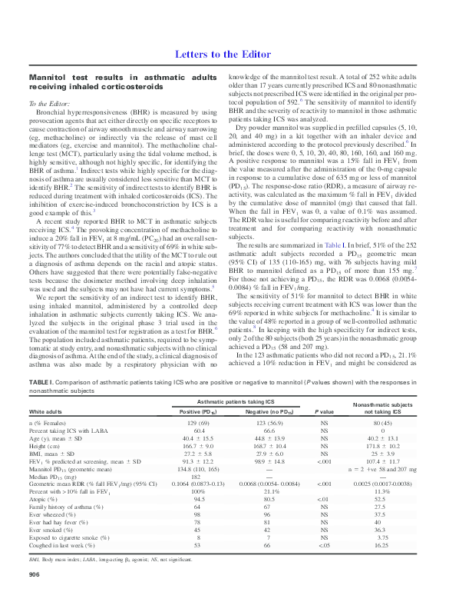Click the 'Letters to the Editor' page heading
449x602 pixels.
point(223,54)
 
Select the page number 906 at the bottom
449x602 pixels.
point(35,574)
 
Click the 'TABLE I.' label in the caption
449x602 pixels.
point(42,381)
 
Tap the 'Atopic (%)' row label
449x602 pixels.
point(44,497)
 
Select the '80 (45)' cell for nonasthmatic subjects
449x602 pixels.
point(381,423)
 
